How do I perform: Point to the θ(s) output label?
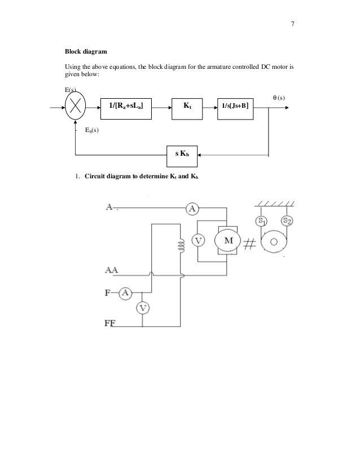(x=275, y=97)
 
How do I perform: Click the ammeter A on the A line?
(x=192, y=209)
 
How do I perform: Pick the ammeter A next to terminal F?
(x=125, y=292)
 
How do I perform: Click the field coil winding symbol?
(x=181, y=247)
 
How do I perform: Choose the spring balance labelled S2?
(x=287, y=221)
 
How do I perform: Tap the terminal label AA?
(x=111, y=270)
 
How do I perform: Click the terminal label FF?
(x=110, y=323)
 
